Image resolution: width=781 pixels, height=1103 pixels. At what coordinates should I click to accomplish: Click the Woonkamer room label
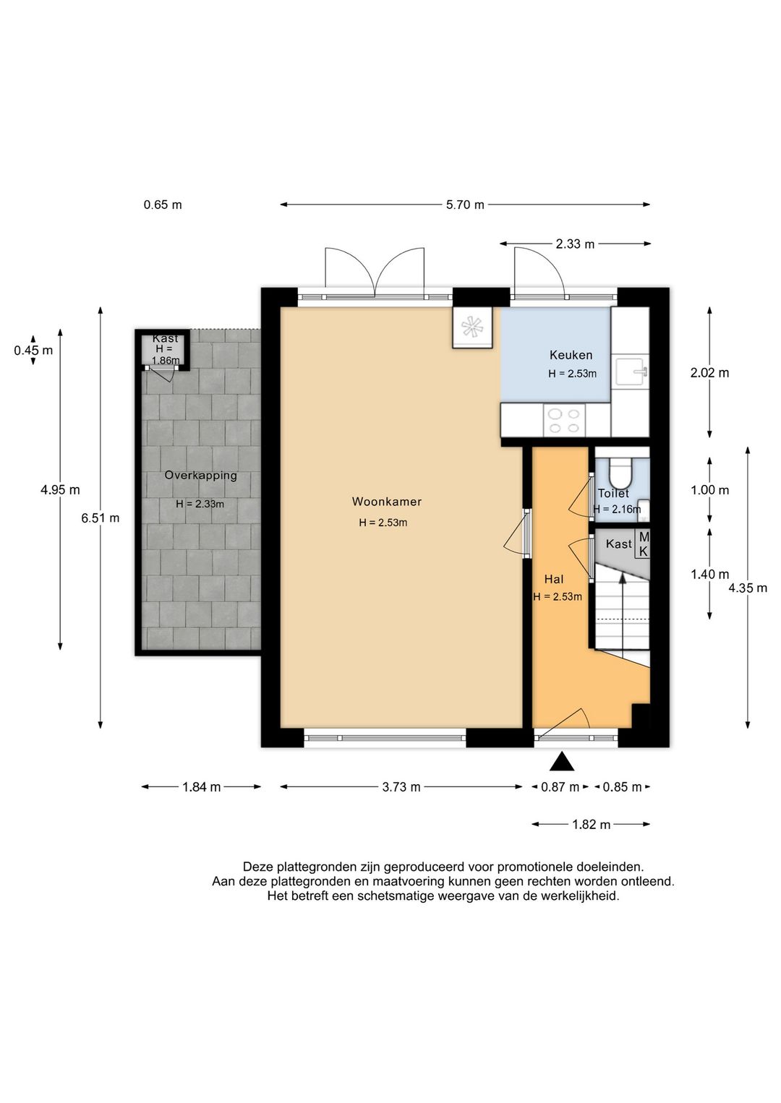(386, 502)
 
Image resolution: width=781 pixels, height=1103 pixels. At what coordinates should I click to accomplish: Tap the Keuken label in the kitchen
(571, 354)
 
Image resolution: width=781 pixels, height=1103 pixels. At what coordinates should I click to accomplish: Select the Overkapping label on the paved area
(200, 476)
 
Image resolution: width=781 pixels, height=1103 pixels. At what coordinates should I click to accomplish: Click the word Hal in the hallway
(554, 579)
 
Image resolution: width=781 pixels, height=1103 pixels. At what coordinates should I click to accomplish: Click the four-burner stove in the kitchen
(564, 421)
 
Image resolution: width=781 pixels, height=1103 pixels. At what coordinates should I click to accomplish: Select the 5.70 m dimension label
(465, 205)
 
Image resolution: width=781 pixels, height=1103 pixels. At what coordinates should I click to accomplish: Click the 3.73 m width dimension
(401, 787)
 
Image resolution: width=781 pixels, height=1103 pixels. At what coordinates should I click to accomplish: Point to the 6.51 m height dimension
(101, 518)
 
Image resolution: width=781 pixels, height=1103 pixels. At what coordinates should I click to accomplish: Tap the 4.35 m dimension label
(748, 588)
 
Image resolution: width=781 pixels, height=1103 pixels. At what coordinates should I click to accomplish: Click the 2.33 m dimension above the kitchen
(575, 244)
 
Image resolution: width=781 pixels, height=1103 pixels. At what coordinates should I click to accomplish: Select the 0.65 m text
(163, 205)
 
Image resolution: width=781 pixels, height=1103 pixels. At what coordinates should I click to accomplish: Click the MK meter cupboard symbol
(644, 544)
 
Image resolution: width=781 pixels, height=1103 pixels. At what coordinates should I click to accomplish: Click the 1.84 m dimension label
(202, 787)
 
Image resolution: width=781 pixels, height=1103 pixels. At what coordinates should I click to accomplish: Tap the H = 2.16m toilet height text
(617, 509)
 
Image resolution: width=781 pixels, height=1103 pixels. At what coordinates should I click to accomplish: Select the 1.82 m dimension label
(592, 824)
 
